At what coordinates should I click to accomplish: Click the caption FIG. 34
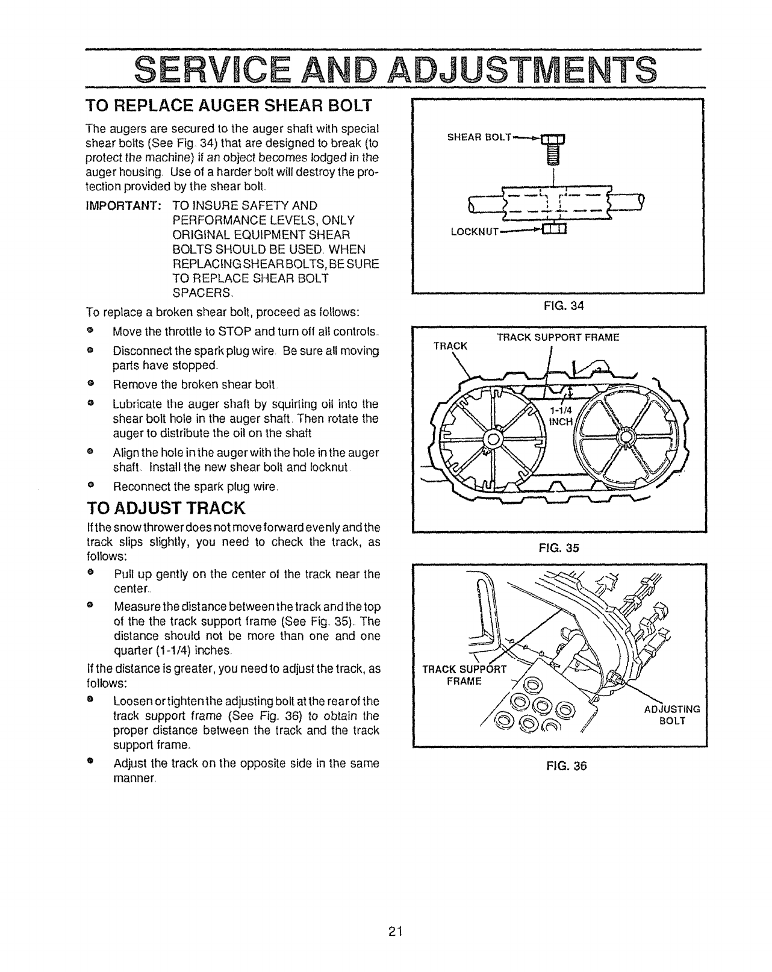tap(560, 307)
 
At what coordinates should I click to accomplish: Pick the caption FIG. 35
tap(560, 548)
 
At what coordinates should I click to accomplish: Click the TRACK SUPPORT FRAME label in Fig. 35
tap(558, 337)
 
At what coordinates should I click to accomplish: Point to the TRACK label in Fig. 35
tap(450, 346)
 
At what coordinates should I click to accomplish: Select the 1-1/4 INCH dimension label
tap(560, 416)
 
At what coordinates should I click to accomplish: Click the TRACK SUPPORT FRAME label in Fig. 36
tap(465, 675)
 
